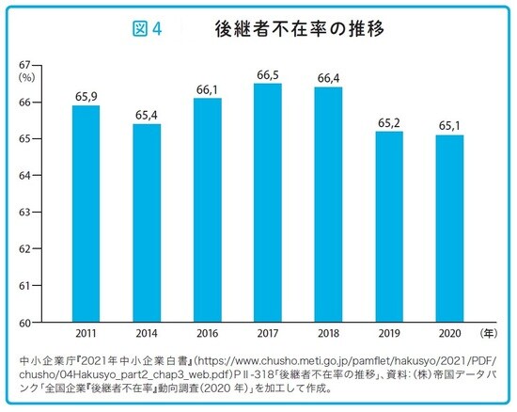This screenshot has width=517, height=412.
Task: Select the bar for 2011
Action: (x=86, y=214)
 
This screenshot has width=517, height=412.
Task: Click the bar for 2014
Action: (x=146, y=223)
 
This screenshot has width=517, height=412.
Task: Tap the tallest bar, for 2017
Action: (x=268, y=202)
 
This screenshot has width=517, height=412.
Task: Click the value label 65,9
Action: (x=86, y=96)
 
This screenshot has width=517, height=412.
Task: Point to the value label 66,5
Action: (x=268, y=74)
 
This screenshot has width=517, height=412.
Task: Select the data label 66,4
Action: (x=329, y=78)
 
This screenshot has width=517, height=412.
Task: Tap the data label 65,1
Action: (x=450, y=125)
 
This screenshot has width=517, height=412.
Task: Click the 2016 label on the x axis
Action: (x=207, y=334)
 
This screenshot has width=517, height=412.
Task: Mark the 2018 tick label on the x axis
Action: (x=329, y=334)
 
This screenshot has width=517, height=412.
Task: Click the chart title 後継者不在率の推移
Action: (x=301, y=29)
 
